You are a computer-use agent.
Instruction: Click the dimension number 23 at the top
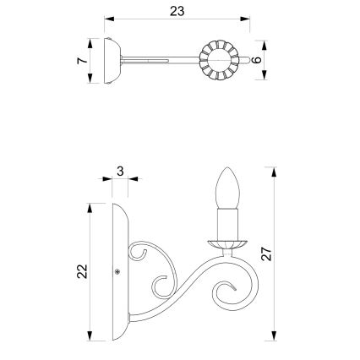176,11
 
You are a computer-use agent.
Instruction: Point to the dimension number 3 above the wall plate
121,172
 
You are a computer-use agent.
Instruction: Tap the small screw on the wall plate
116,272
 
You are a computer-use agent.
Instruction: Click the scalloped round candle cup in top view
215,60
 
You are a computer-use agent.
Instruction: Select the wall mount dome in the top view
110,60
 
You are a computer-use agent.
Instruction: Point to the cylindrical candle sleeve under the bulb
226,225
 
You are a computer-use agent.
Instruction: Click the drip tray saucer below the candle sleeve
226,243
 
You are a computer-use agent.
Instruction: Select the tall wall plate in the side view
119,270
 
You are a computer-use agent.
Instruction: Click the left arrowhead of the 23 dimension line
108,17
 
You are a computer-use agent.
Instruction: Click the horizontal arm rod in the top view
161,60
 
